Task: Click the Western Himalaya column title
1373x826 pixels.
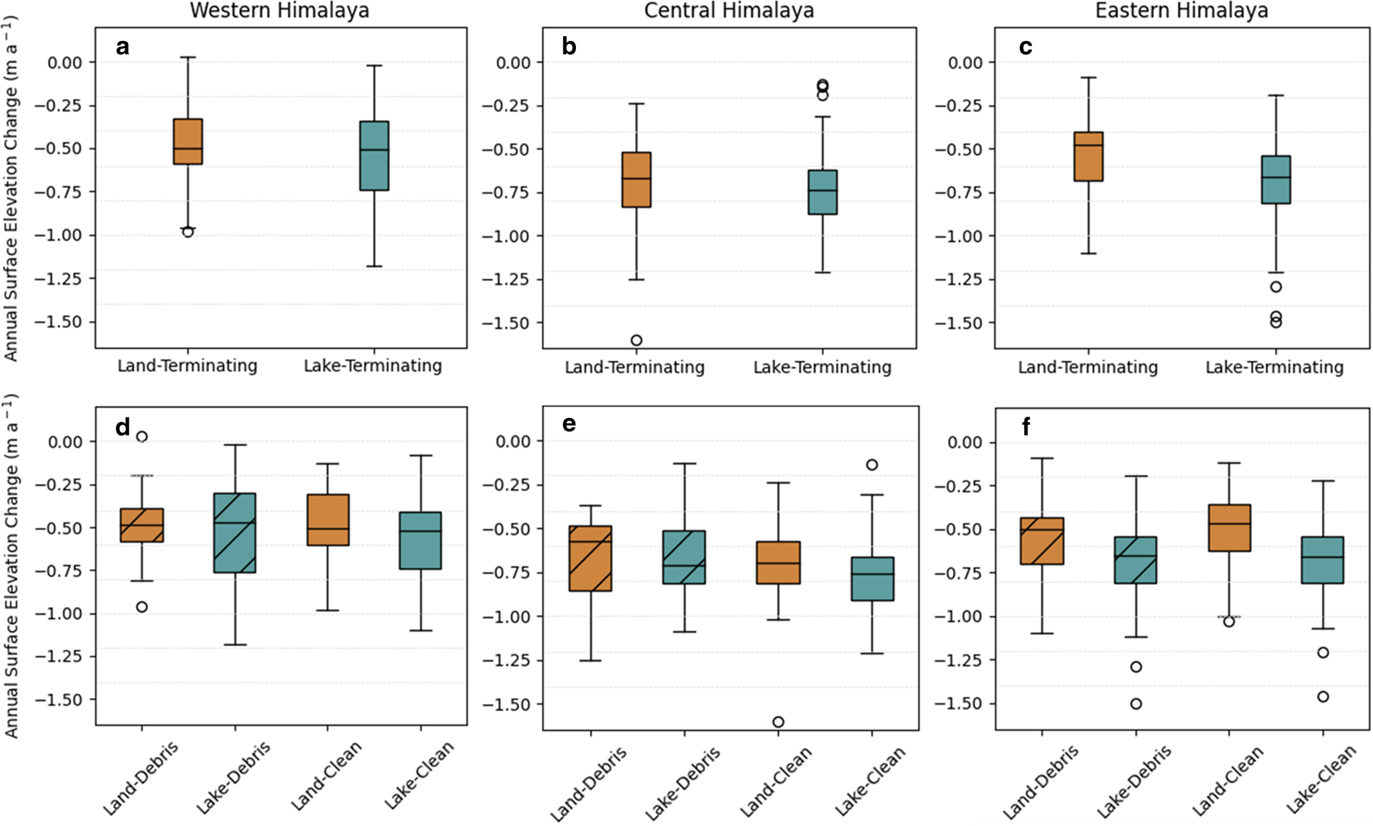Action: [x=279, y=11]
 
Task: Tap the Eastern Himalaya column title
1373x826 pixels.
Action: [x=1181, y=11]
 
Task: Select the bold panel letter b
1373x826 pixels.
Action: [x=569, y=47]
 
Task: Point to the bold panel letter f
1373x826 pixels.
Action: [x=1026, y=427]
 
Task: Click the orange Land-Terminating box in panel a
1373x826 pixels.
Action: [x=188, y=141]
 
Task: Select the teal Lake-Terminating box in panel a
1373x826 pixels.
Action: [x=374, y=155]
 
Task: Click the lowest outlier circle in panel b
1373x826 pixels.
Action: [x=636, y=340]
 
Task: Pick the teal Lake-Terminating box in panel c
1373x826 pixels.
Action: [x=1276, y=180]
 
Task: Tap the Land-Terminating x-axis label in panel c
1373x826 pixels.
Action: [x=1088, y=367]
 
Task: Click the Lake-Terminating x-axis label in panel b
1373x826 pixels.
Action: [x=822, y=367]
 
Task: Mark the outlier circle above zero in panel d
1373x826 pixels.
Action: [x=142, y=437]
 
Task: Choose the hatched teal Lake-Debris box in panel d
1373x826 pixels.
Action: [x=235, y=533]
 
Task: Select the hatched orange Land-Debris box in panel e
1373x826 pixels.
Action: [x=590, y=558]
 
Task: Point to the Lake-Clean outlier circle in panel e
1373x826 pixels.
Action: [x=872, y=465]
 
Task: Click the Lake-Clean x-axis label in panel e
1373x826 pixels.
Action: [x=870, y=780]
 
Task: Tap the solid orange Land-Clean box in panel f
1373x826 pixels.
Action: [x=1229, y=528]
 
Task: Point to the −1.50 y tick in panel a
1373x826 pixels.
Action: [x=63, y=322]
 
